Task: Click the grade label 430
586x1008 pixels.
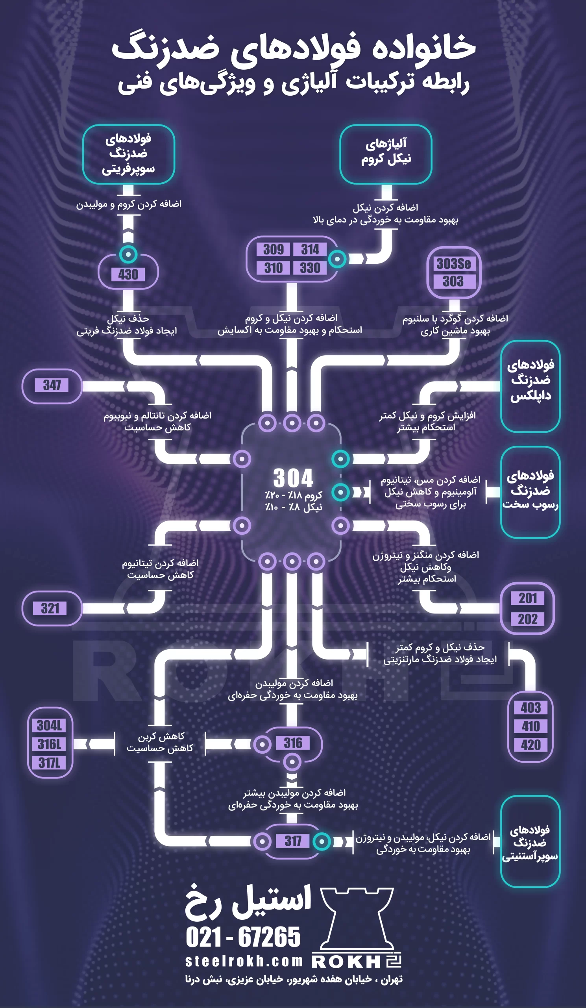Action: [x=128, y=274]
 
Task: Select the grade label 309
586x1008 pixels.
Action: [x=274, y=250]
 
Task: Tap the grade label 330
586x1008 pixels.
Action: [x=310, y=268]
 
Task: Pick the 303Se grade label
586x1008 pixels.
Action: [x=454, y=264]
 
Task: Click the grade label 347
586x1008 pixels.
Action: [x=52, y=385]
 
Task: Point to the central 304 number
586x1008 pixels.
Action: [x=293, y=478]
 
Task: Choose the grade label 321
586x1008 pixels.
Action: [x=50, y=608]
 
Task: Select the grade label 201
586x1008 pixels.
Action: [x=528, y=598]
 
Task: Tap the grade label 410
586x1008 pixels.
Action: [x=531, y=726]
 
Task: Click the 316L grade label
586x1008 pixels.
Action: [x=50, y=744]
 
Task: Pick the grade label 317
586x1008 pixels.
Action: [x=293, y=841]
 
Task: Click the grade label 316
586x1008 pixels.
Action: [x=293, y=743]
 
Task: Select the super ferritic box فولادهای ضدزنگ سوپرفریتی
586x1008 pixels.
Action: [x=128, y=154]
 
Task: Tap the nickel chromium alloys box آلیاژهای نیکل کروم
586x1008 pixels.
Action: [x=386, y=154]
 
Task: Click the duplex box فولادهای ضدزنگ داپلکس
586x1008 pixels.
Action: [x=531, y=386]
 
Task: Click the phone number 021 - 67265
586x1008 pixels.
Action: [x=243, y=937]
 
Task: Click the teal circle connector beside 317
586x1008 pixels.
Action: [x=322, y=841]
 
